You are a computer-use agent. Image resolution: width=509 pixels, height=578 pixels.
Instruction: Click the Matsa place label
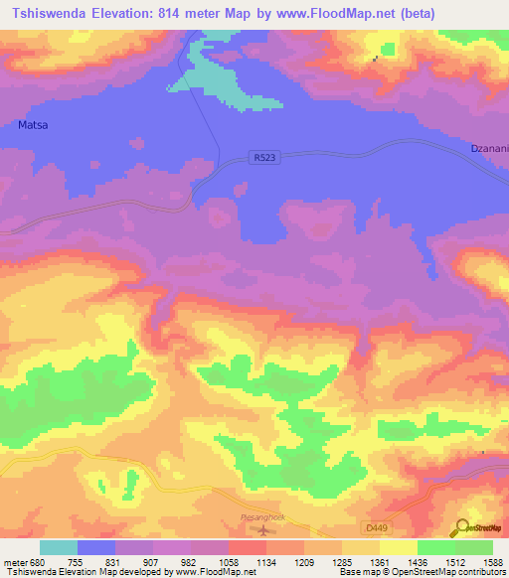[x=34, y=125]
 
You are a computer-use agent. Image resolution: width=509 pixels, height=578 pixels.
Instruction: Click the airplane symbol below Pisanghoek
[x=261, y=528]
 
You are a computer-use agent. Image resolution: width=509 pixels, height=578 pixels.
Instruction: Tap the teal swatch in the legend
[x=59, y=547]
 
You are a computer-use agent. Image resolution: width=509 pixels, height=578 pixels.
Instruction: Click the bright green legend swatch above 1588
[x=474, y=547]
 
